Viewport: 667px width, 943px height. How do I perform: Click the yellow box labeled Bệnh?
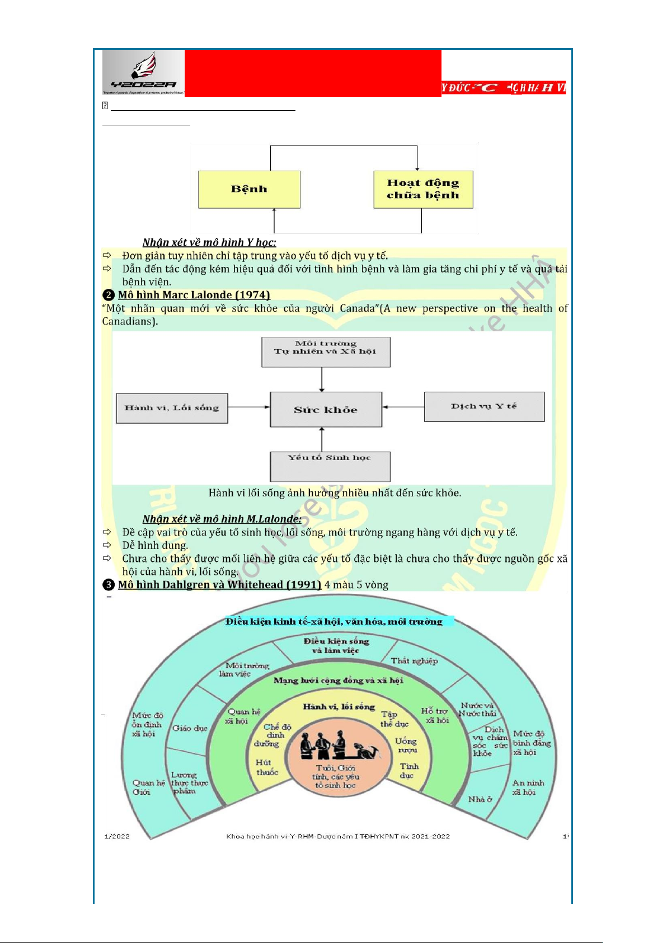tap(249, 190)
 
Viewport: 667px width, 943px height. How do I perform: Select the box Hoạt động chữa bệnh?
tap(423, 189)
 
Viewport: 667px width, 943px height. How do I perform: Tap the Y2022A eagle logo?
tap(143, 72)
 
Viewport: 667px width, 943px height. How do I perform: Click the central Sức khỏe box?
tap(326, 410)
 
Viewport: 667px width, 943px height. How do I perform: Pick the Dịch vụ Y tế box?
tap(484, 406)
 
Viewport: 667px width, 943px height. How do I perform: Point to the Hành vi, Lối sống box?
tap(172, 408)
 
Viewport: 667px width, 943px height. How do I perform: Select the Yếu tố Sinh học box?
tap(330, 466)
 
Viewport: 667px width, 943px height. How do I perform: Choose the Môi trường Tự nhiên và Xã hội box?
tap(326, 351)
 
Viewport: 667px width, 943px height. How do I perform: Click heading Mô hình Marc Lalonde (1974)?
tap(194, 295)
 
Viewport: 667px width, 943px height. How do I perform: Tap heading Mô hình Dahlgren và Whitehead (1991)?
tap(219, 585)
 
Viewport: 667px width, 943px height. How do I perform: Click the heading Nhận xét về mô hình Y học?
tap(209, 242)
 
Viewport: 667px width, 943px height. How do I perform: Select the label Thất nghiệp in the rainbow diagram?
tap(414, 661)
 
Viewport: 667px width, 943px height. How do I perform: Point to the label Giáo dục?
tap(190, 728)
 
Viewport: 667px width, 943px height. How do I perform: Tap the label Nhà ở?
tap(480, 799)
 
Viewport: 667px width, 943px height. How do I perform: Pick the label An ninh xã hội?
tap(528, 787)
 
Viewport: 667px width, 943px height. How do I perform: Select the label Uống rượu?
tap(406, 745)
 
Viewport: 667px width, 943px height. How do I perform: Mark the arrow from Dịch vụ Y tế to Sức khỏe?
tap(403, 407)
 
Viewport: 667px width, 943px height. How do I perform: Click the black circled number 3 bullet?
tap(109, 585)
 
